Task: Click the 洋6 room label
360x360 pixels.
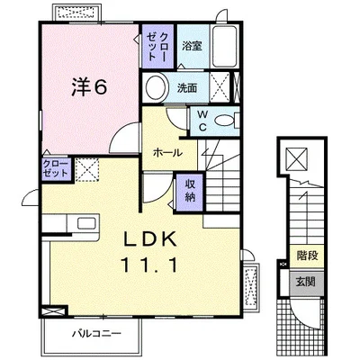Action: click(x=89, y=87)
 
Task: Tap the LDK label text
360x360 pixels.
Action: click(x=150, y=239)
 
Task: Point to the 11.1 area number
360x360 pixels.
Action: click(x=149, y=265)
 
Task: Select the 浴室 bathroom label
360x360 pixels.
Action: click(x=192, y=46)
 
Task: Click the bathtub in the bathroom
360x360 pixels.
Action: click(x=225, y=47)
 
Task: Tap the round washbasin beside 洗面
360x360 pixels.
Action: click(x=156, y=87)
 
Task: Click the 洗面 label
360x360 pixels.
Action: click(x=187, y=88)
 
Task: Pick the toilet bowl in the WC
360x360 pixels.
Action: click(x=224, y=121)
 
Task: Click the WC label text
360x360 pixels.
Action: click(x=202, y=121)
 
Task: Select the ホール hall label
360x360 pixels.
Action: click(x=167, y=153)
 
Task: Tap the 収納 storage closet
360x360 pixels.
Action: click(x=190, y=192)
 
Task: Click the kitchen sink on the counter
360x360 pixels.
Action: click(x=86, y=223)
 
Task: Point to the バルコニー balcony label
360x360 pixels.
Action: click(x=97, y=333)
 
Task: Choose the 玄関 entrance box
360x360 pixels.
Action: click(x=306, y=282)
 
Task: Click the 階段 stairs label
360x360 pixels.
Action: click(x=307, y=256)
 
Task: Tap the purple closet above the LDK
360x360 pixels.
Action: click(x=57, y=169)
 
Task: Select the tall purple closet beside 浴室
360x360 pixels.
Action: click(x=157, y=47)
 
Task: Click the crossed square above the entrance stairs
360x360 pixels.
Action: click(x=296, y=159)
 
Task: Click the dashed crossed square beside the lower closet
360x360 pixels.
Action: click(x=87, y=170)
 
